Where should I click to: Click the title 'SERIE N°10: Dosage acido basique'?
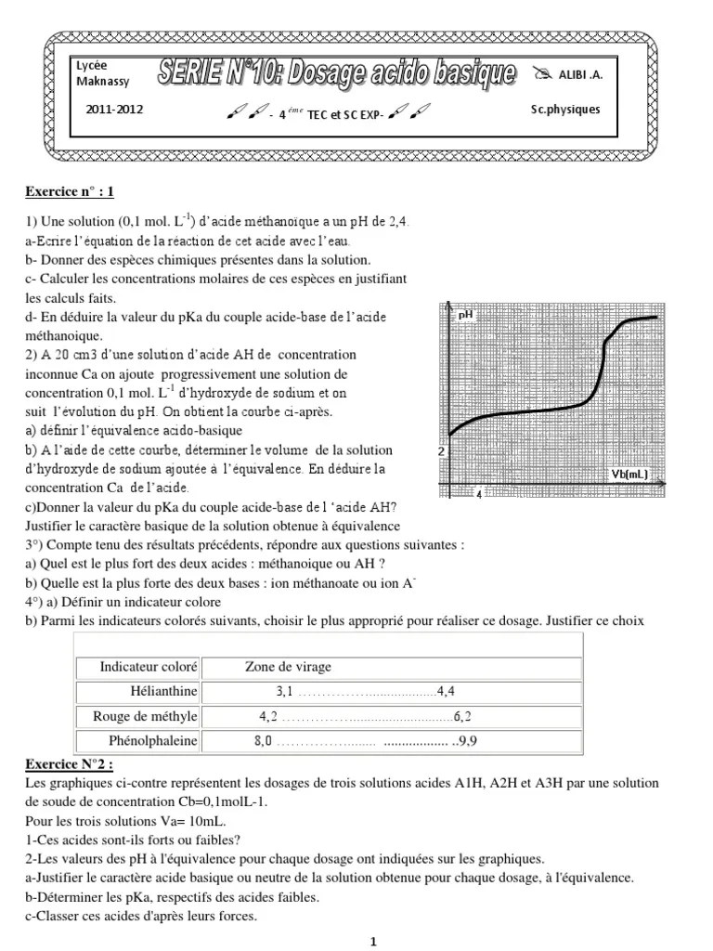click(336, 72)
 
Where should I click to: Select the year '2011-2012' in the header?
click(114, 110)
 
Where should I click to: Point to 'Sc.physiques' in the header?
click(565, 110)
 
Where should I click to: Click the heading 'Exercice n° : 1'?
click(70, 193)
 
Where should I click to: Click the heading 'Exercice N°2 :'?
click(70, 764)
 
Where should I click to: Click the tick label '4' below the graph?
click(478, 495)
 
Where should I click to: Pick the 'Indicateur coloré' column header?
click(149, 667)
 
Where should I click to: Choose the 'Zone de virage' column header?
click(288, 667)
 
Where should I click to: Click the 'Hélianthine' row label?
click(164, 692)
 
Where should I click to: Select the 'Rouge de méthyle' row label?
click(145, 716)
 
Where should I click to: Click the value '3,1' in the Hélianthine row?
click(284, 692)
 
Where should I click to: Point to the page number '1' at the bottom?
click(373, 942)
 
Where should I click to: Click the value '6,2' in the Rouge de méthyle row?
click(462, 716)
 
